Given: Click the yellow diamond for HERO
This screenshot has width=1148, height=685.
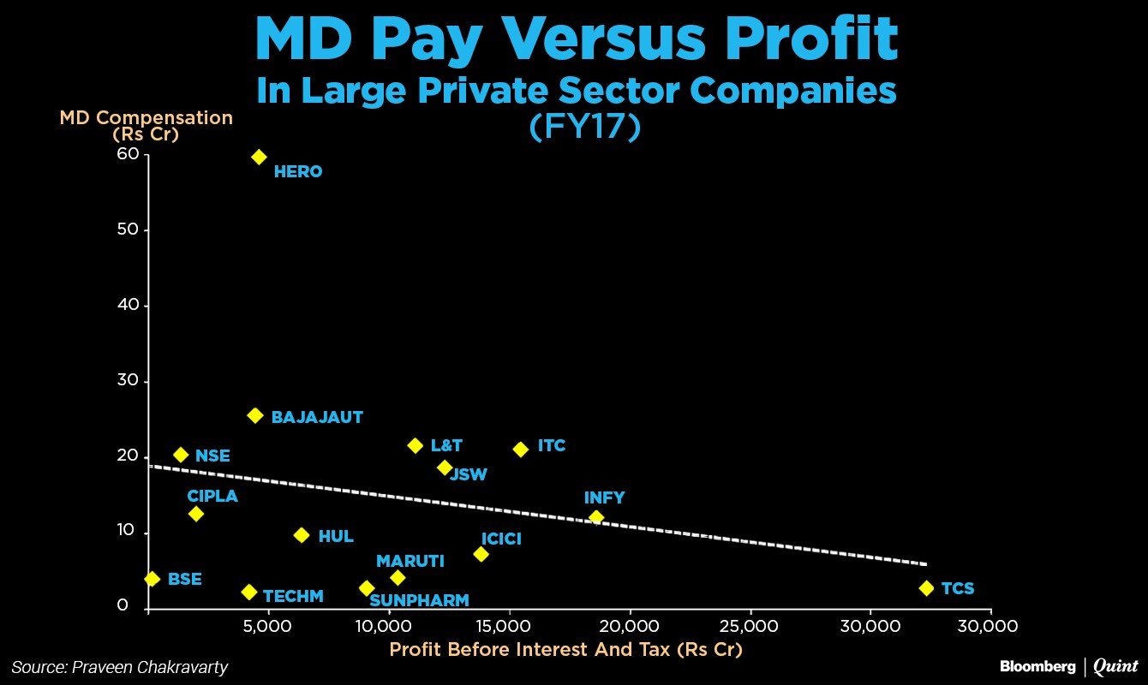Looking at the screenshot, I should coord(259,157).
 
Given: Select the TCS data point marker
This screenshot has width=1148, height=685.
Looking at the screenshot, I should coord(926,588).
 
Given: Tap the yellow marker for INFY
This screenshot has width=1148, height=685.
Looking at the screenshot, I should coord(596,517).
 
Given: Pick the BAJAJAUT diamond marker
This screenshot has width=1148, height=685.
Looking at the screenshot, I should coord(254,415).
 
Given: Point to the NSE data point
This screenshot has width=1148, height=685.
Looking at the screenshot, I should coord(181,455).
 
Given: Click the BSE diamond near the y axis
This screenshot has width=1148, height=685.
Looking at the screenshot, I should coord(152,579).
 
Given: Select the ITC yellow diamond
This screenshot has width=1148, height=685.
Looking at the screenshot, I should coord(520,450).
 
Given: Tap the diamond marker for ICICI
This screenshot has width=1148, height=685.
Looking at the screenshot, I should coord(481,554).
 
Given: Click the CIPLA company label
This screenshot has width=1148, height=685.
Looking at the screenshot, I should coord(212,496).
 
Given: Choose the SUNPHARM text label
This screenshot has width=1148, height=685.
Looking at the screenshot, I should coord(419,600).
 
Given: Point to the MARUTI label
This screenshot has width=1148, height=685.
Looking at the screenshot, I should coord(410,561).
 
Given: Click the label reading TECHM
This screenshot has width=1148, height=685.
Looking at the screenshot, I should coord(293,596).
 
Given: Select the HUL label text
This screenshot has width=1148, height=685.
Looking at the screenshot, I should coord(336,537).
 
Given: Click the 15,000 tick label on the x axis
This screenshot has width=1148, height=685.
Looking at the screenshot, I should coord(509,626).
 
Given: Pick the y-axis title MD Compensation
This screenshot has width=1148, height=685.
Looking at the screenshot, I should coord(146,118).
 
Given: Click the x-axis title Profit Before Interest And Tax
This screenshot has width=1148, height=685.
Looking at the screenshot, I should coord(565,649).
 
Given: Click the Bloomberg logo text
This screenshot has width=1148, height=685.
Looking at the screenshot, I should coord(1037,666).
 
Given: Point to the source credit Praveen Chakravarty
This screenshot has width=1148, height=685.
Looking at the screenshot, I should coord(120,667).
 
